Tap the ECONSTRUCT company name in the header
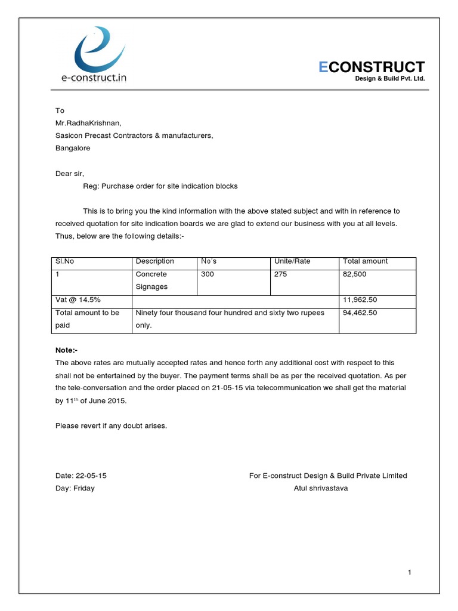(372, 67)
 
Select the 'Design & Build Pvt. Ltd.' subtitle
(390, 79)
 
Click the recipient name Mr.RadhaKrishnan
(88, 124)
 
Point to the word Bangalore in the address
(73, 148)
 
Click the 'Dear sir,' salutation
(70, 174)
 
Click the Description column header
(154, 261)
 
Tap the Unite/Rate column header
(292, 261)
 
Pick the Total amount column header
(365, 261)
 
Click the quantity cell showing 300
(208, 274)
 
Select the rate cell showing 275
(280, 274)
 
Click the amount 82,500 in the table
(354, 274)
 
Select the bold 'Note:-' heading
(66, 350)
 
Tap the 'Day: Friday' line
(75, 488)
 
